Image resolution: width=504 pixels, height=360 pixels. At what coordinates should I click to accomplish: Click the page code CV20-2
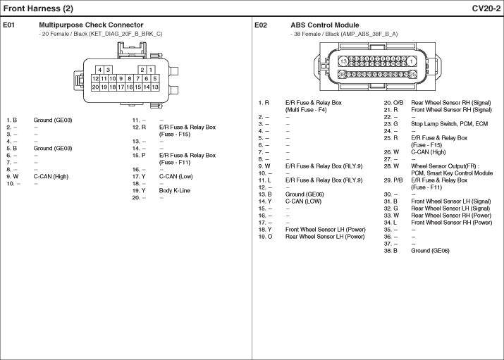(x=486, y=8)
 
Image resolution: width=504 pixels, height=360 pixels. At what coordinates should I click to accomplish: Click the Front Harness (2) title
(x=38, y=8)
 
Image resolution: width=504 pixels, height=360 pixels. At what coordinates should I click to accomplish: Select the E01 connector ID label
(x=8, y=25)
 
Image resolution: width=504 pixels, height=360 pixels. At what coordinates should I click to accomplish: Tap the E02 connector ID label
(x=261, y=25)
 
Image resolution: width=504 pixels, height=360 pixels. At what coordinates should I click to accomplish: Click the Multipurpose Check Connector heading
(x=91, y=25)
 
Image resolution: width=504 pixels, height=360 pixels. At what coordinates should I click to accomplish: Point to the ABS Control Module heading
(x=325, y=25)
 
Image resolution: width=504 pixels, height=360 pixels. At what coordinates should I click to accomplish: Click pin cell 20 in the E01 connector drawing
(x=95, y=87)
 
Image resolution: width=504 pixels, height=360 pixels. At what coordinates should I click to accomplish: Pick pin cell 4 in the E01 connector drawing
(x=99, y=70)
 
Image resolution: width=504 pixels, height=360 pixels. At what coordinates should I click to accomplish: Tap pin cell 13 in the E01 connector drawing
(x=155, y=87)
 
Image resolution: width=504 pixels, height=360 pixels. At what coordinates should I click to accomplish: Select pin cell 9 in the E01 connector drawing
(x=121, y=78)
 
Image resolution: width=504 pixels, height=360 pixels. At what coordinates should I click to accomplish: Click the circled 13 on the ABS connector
(x=343, y=61)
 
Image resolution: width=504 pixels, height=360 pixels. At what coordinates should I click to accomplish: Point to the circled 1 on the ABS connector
(x=411, y=61)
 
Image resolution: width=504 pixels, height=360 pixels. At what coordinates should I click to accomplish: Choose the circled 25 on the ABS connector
(x=412, y=75)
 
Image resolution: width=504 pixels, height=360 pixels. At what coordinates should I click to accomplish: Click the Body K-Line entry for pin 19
(x=175, y=190)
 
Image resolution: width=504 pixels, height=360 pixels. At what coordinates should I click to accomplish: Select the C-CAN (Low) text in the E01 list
(x=176, y=176)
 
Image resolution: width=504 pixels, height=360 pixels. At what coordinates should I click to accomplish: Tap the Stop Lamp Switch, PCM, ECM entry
(x=449, y=123)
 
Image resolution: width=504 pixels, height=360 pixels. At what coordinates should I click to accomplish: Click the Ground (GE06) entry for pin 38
(x=430, y=251)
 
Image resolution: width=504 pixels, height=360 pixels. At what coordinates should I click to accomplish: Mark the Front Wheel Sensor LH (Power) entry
(x=325, y=229)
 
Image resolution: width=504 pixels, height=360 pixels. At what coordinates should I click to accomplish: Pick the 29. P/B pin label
(x=393, y=180)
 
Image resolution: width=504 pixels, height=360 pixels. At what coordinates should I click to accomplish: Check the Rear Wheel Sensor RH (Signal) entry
(x=451, y=102)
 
